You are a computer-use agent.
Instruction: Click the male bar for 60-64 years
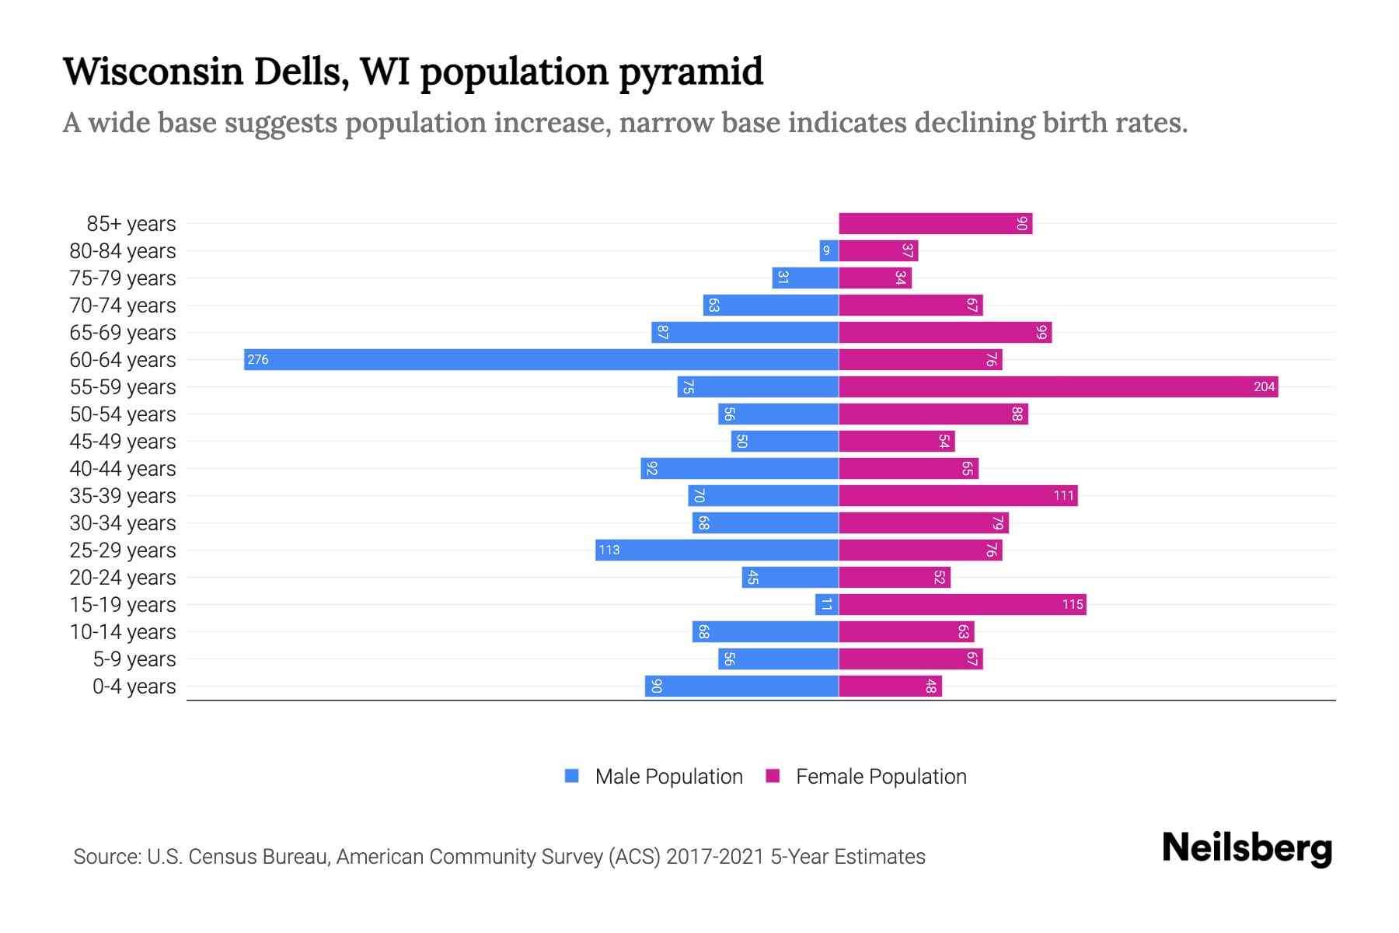[541, 359]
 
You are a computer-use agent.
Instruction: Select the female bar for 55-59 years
[1058, 386]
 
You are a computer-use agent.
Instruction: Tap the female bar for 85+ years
[935, 224]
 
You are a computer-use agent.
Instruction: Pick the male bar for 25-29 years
[717, 550]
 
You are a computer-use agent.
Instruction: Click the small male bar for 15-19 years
[827, 604]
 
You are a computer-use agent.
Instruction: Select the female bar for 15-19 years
[962, 604]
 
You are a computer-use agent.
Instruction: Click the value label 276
[258, 359]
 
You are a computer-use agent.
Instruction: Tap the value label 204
[1264, 386]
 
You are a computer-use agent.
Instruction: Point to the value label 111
[1063, 495]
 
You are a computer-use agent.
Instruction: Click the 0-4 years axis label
[134, 687]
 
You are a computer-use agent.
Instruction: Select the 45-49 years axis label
[123, 442]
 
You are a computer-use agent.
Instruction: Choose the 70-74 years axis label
[123, 306]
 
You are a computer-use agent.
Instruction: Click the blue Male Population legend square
[572, 776]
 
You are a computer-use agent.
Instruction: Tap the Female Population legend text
[881, 776]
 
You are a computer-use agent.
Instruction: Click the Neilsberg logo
[1247, 848]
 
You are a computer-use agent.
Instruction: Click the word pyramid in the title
[691, 72]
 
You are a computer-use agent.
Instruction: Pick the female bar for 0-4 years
[890, 687]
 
